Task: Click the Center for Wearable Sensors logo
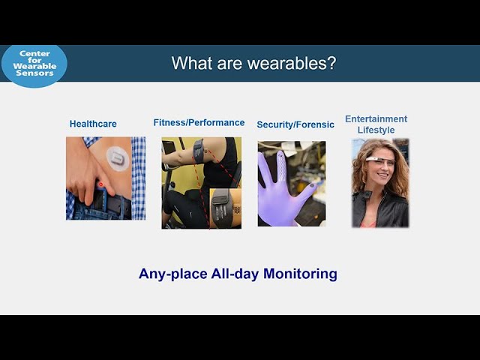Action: click(34, 65)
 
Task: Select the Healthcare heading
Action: click(93, 124)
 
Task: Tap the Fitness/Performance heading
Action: click(199, 123)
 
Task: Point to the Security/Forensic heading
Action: click(295, 124)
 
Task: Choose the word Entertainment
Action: click(376, 118)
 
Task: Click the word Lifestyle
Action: click(376, 130)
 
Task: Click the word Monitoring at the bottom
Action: click(300, 273)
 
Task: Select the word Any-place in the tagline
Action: click(173, 274)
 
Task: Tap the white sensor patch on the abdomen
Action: click(118, 158)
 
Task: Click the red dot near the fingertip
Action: click(100, 184)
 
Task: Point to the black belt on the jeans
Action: click(113, 205)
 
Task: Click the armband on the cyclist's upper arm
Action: click(199, 151)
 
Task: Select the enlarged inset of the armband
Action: click(225, 208)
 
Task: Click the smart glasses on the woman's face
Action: click(379, 160)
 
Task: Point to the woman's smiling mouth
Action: click(382, 175)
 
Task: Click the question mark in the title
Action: click(332, 63)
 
